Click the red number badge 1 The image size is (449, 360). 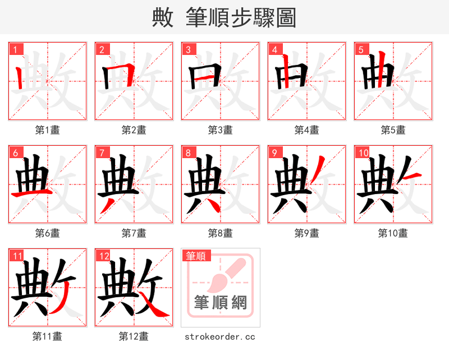[x=15, y=49]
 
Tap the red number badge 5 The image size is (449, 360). [x=361, y=49]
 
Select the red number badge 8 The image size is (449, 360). [x=188, y=153]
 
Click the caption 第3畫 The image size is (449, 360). [x=220, y=130]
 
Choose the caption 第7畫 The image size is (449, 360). [x=134, y=233]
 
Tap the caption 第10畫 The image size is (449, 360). [x=393, y=233]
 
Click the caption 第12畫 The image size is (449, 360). [x=134, y=336]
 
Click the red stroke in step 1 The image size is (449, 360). [x=20, y=78]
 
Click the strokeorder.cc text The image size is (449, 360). [x=220, y=336]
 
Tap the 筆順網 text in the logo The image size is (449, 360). [x=220, y=303]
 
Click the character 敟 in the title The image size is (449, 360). [x=163, y=18]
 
